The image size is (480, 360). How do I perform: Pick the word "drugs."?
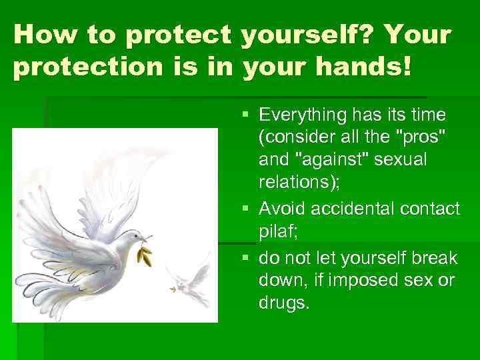(x=284, y=303)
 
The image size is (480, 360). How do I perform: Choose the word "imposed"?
(x=370, y=280)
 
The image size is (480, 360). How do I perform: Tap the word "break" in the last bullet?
(x=433, y=257)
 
